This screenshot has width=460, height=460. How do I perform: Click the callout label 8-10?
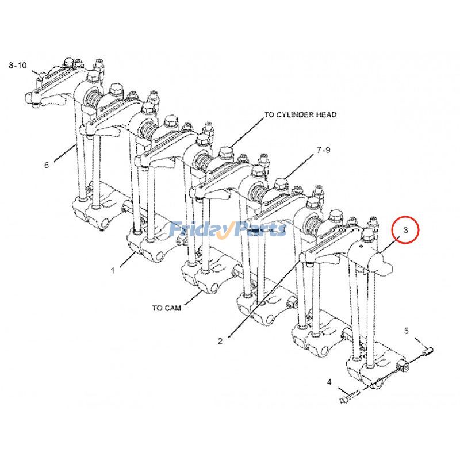pyautogui.click(x=18, y=66)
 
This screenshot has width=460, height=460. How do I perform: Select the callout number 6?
pyautogui.click(x=47, y=166)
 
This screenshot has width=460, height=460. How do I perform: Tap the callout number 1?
pyautogui.click(x=113, y=269)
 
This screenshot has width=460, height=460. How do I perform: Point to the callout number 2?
pyautogui.click(x=220, y=341)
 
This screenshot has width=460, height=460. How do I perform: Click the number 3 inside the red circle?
pyautogui.click(x=405, y=231)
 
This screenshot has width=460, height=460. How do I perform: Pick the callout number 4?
pyautogui.click(x=329, y=382)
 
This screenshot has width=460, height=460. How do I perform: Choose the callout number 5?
pyautogui.click(x=406, y=331)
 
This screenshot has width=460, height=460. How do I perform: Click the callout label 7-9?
pyautogui.click(x=324, y=151)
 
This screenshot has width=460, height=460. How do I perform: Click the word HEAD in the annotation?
pyautogui.click(x=326, y=115)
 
